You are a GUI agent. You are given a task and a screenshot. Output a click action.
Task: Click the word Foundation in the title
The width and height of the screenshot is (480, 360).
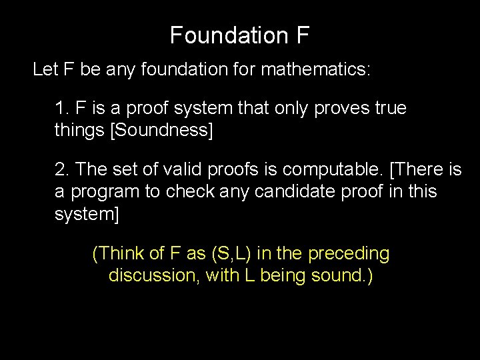point(223,35)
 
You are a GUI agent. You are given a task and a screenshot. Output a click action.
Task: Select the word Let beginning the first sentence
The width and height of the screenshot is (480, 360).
point(45,70)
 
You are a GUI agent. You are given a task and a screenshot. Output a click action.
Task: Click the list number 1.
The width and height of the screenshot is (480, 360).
point(61,108)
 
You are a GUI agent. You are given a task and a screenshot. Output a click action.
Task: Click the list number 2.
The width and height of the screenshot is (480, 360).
point(61,170)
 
